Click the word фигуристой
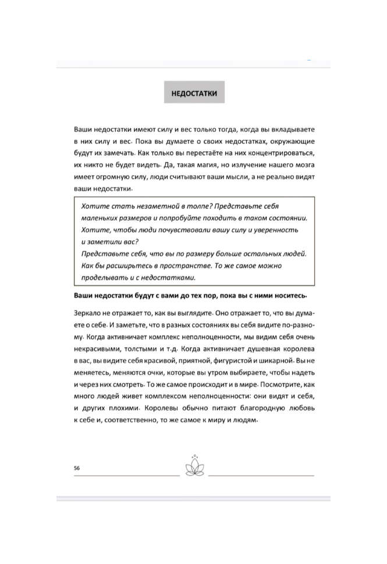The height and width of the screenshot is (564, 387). tap(236, 360)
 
